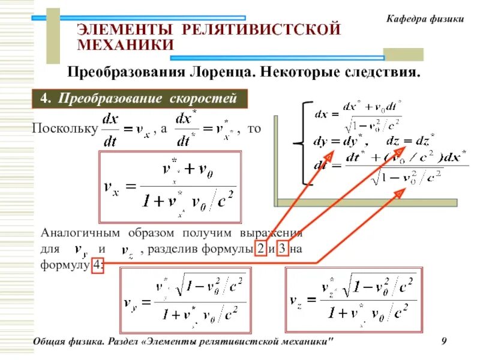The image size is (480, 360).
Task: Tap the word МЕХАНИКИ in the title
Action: click(126, 44)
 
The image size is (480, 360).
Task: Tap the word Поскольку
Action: click(64, 129)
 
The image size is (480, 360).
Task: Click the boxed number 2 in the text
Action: click(260, 250)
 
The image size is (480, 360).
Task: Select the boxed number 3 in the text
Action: click(283, 250)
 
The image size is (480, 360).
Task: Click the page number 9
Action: click(444, 342)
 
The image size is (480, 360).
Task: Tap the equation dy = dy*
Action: click(340, 142)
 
